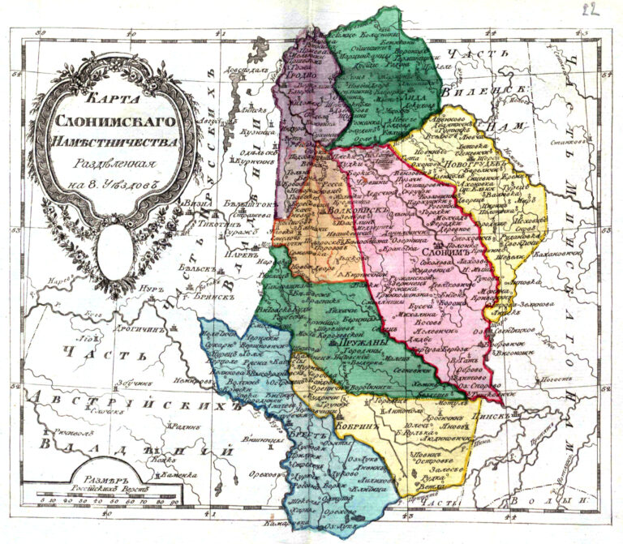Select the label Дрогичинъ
click(x=119, y=330)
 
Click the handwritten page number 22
click(x=595, y=11)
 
